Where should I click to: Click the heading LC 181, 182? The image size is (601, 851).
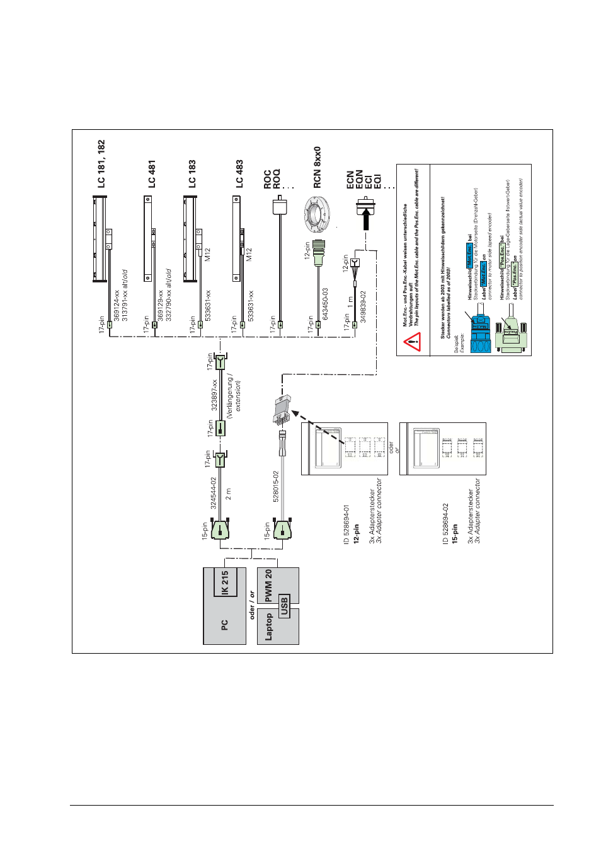tap(101, 164)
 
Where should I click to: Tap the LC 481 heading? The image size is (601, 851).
tap(152, 174)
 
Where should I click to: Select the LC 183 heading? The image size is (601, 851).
tap(192, 174)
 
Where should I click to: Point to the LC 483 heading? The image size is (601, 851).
tap(239, 174)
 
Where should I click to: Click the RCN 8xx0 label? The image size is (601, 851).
tap(318, 167)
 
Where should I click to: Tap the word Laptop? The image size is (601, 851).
tap(269, 627)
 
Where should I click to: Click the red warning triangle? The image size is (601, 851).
tap(412, 343)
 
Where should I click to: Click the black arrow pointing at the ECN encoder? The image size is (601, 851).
tap(366, 219)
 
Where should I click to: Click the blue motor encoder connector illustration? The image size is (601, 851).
tap(481, 332)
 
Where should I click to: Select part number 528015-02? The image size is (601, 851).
tap(276, 486)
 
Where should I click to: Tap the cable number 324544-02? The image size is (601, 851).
tap(214, 493)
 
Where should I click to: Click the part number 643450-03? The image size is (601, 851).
tap(325, 304)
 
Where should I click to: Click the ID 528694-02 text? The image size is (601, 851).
tap(445, 523)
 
